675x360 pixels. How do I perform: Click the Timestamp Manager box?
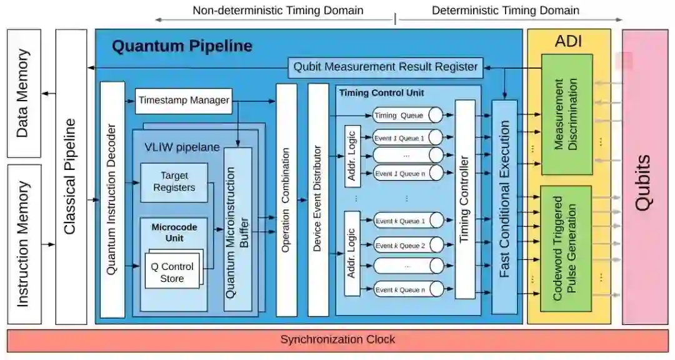pos(184,101)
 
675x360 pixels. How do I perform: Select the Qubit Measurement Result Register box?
pos(386,67)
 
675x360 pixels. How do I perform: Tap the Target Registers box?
pos(174,182)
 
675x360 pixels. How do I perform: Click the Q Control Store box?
pos(172,272)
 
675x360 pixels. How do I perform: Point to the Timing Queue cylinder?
pos(407,115)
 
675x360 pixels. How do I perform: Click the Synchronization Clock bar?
pos(337,340)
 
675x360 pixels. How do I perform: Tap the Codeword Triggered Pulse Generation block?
pos(566,248)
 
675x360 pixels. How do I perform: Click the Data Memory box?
pos(24,93)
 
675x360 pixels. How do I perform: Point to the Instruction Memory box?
pos(24,244)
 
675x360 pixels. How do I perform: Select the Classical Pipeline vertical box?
pos(71,177)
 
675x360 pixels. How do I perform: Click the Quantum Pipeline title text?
pos(182,46)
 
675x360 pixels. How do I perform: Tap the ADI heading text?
pos(568,41)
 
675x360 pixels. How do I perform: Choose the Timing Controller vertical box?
pos(464,199)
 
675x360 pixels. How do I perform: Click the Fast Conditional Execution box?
pos(504,206)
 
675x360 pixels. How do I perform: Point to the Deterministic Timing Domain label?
pos(506,11)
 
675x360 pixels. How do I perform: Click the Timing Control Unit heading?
pos(381,93)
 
